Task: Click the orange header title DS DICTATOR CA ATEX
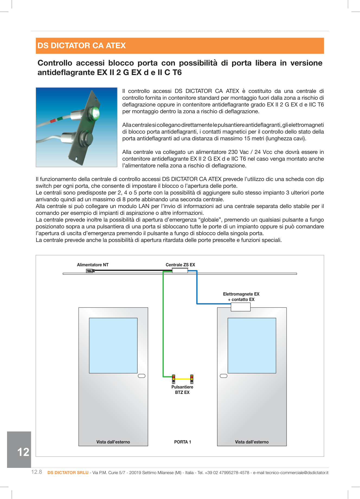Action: tap(82, 46)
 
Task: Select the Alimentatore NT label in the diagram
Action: tap(93, 265)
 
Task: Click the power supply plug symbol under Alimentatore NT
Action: tap(89, 271)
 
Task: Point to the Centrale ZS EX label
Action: tap(180, 265)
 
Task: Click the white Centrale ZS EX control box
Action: tap(180, 270)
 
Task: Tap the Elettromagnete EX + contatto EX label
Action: tap(241, 297)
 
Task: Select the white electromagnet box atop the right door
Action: tap(240, 307)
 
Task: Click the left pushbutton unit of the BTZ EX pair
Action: tap(173, 379)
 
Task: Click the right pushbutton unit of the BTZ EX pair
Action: tap(192, 379)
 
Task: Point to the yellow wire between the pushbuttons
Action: tap(183, 379)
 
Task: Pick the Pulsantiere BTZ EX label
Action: tap(182, 390)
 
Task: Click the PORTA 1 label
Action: tap(182, 442)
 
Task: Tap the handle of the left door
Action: tap(142, 376)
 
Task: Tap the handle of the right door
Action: tap(224, 376)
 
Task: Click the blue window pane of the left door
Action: tap(113, 345)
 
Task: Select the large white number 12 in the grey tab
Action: tap(23, 452)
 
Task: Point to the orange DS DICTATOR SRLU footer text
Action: tap(68, 472)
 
